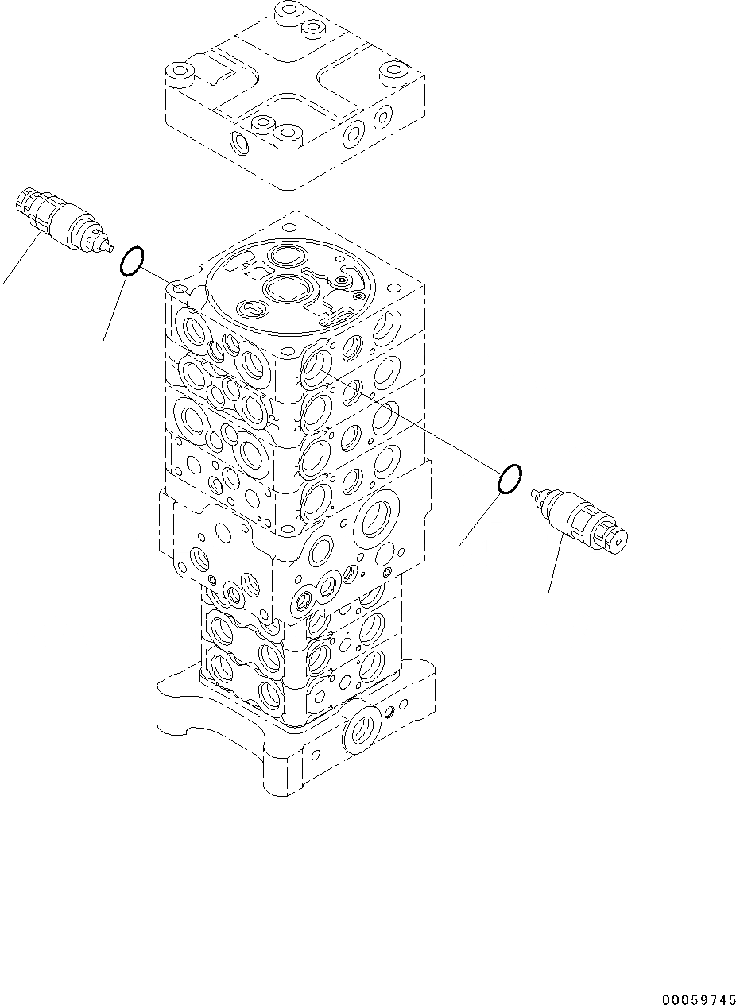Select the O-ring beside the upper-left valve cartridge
click(132, 261)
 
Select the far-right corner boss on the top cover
click(392, 74)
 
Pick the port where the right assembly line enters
click(316, 366)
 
